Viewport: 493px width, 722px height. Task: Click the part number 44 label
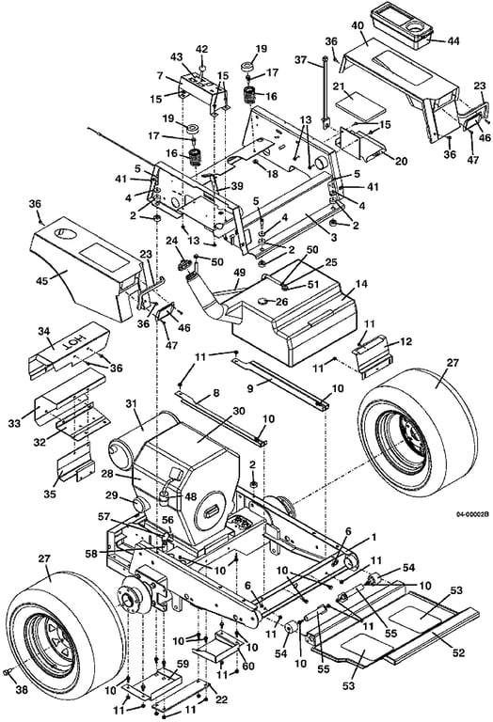[x=453, y=41]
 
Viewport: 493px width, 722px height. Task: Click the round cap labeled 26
[x=264, y=302]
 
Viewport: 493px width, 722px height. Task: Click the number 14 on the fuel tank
[x=361, y=284]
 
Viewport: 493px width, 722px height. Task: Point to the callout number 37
[x=301, y=60]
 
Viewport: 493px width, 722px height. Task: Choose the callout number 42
[x=202, y=49]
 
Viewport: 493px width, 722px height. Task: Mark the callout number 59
[x=183, y=665]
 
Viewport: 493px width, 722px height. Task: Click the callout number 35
[x=50, y=494]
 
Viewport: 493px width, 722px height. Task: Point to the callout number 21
[x=352, y=86]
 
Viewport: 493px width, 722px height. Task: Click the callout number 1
[x=374, y=537]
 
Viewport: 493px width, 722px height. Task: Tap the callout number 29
[x=112, y=495]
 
